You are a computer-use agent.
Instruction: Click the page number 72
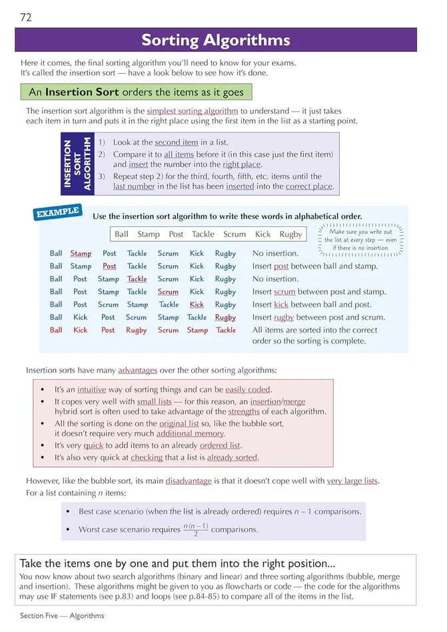pos(26,17)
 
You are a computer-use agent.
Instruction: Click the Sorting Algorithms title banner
pos(216,40)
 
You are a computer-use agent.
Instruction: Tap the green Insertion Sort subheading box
pos(136,92)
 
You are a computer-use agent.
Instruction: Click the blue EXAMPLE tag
pos(58,213)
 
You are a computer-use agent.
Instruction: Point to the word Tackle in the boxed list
pos(203,234)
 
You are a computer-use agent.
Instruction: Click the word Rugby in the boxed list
pos(290,234)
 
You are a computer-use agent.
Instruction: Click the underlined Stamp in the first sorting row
pos(81,253)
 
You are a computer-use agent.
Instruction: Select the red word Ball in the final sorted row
pos(56,330)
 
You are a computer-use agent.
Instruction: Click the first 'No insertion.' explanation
pos(275,253)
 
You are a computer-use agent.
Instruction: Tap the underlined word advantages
pos(137,370)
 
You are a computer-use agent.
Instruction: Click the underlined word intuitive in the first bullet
pos(91,390)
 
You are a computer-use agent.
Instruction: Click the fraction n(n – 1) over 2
pos(195,530)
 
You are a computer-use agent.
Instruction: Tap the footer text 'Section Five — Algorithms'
pos(62,616)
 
